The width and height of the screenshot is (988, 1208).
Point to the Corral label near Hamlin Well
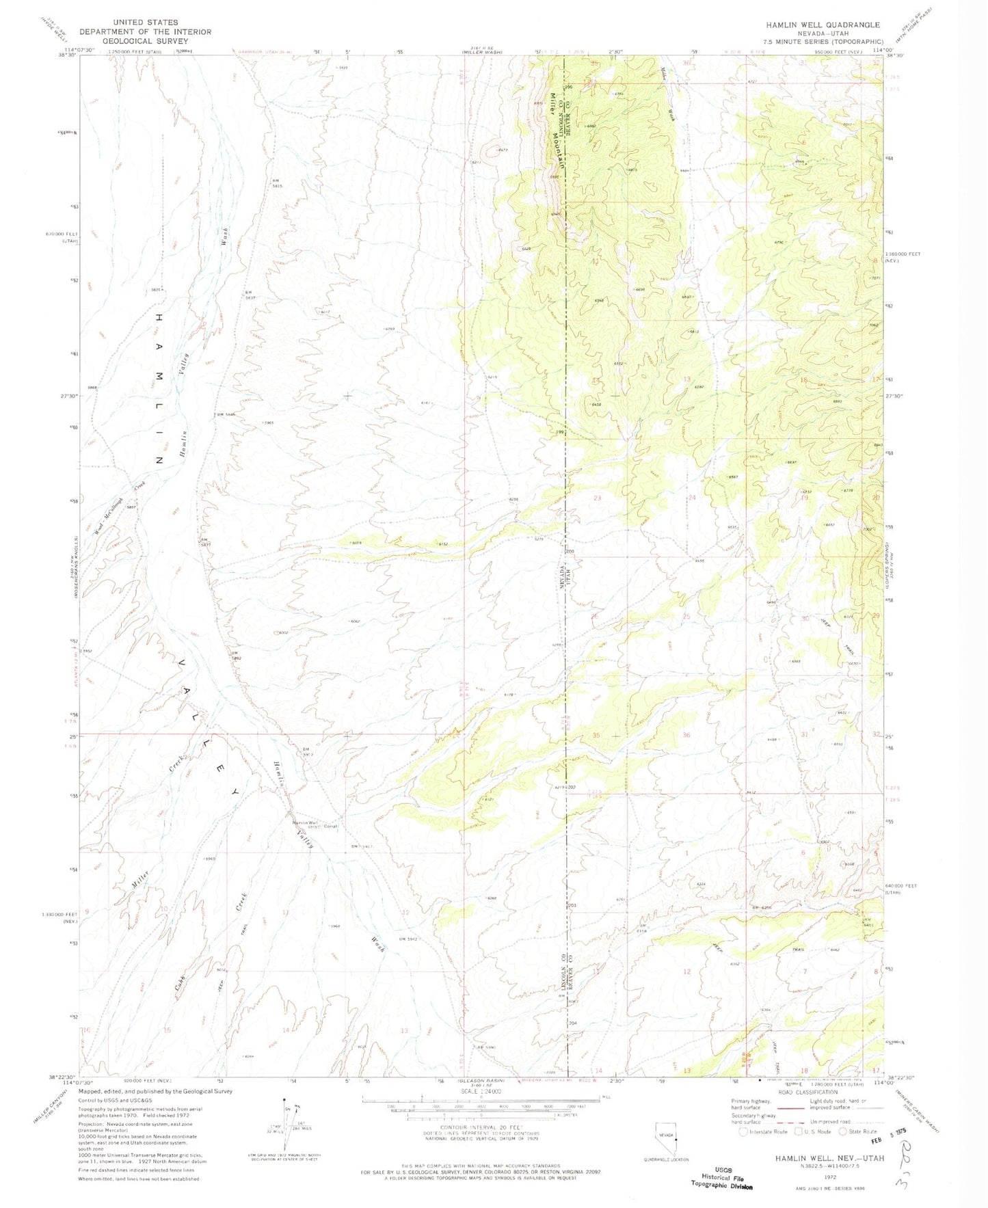coord(331,827)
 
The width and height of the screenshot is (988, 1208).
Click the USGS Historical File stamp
coord(723,1177)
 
